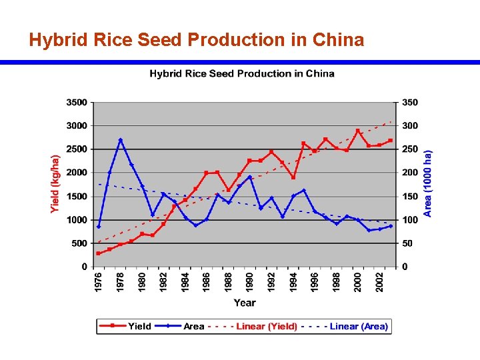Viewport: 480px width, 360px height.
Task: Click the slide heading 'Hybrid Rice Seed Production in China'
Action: coord(197,40)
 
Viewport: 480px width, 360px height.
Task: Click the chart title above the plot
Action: coord(241,73)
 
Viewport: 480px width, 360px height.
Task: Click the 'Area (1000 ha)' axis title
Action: coord(428,183)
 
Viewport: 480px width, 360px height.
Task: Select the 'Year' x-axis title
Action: coord(244,303)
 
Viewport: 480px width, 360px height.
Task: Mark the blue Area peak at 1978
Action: coord(121,140)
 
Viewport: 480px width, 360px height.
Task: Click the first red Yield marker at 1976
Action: coord(99,253)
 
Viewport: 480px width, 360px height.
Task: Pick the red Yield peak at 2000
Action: coord(358,131)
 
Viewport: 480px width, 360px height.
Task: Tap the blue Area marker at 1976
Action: coord(99,227)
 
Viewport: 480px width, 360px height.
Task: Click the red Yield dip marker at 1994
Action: coord(293,177)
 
